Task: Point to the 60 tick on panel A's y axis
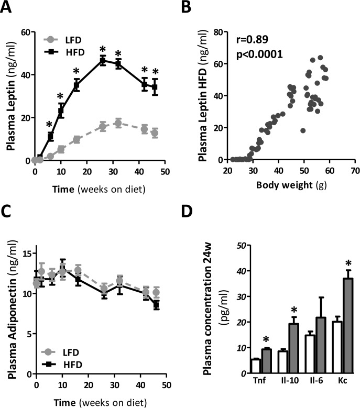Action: [24, 32]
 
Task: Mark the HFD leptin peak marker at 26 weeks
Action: [103, 60]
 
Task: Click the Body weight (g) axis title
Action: [286, 184]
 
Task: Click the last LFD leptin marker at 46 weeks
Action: [155, 133]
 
